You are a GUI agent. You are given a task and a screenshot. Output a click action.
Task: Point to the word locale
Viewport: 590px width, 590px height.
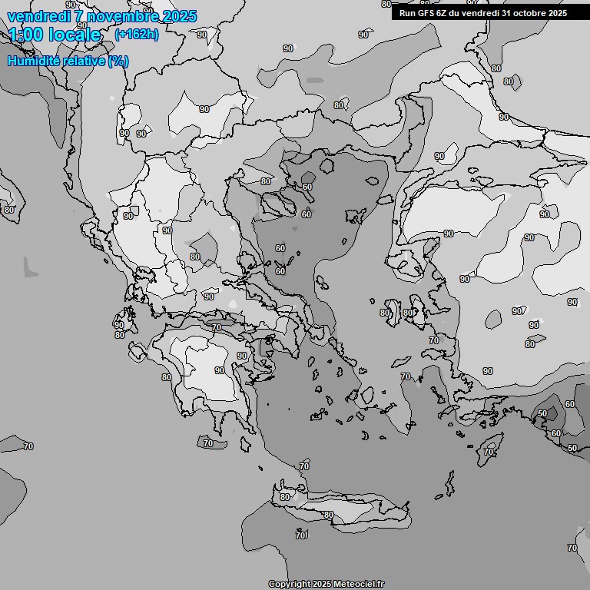point(75,35)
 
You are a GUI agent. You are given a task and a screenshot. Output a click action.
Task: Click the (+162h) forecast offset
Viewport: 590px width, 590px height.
point(136,34)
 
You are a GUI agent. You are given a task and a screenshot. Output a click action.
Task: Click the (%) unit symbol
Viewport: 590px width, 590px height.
point(118,61)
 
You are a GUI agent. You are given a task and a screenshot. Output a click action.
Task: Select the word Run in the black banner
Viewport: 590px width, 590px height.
point(407,12)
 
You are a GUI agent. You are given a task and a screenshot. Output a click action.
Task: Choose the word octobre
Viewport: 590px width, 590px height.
point(530,12)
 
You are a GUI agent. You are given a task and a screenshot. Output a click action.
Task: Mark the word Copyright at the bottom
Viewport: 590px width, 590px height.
point(290,584)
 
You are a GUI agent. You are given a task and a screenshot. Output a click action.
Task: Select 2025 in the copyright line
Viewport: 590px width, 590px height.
point(322,584)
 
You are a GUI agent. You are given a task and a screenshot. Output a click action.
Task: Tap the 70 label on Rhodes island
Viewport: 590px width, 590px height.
point(489,452)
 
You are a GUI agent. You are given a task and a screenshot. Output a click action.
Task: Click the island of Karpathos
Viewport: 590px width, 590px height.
point(448,485)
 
